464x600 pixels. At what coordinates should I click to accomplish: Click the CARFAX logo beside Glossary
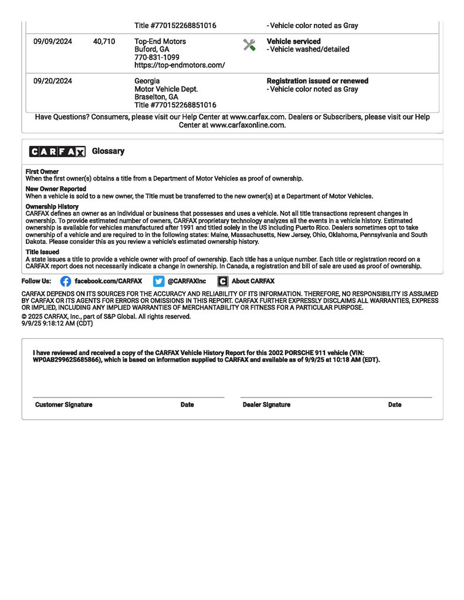tap(57, 152)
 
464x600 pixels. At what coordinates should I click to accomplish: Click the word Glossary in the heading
tap(109, 151)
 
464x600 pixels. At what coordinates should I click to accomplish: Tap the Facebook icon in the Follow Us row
tap(66, 281)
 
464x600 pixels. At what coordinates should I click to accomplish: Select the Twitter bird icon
tap(158, 281)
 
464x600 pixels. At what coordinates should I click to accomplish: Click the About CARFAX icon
tap(223, 281)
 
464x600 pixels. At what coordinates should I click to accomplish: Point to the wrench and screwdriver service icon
tap(249, 45)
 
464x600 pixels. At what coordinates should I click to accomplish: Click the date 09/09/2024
tap(53, 42)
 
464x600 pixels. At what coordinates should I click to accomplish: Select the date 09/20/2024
tap(53, 81)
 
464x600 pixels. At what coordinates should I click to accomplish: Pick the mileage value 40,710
tap(104, 42)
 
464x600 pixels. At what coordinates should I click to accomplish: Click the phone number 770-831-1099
tap(157, 57)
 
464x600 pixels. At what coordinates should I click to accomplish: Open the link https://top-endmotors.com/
tap(179, 66)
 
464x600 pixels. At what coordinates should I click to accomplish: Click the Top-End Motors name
tap(160, 42)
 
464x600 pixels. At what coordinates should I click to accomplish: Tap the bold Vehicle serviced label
tap(293, 42)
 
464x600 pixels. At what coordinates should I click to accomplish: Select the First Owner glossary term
tap(42, 172)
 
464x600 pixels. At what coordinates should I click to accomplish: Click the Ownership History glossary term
tap(52, 207)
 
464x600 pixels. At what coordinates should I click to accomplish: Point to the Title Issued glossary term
tap(42, 252)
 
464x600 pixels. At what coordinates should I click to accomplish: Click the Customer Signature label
tap(63, 405)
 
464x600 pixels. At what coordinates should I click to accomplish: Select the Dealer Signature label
tap(266, 405)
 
